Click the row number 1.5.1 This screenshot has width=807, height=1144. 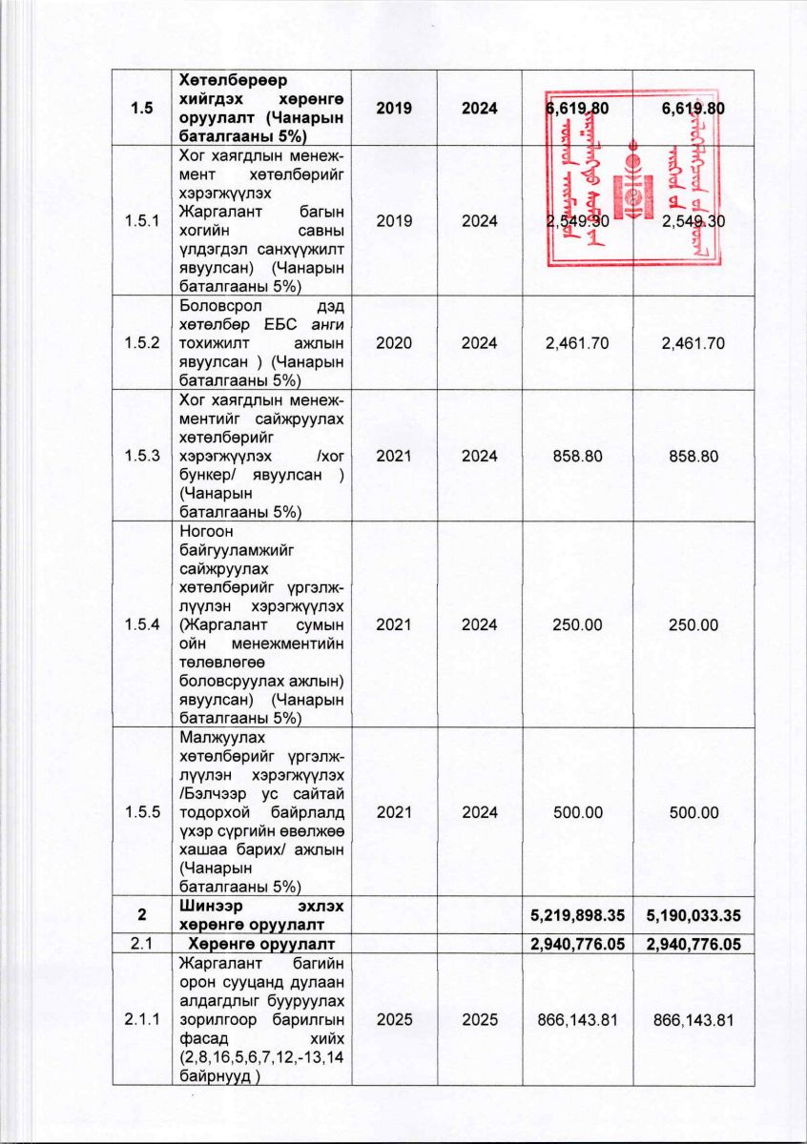coord(142,221)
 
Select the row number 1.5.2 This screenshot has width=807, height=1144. coord(142,343)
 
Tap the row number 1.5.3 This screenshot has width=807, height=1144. coord(142,457)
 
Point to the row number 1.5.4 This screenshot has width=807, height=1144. coord(142,624)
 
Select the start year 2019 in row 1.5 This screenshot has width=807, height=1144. coord(394,109)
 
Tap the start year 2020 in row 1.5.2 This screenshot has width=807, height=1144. coord(394,343)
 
